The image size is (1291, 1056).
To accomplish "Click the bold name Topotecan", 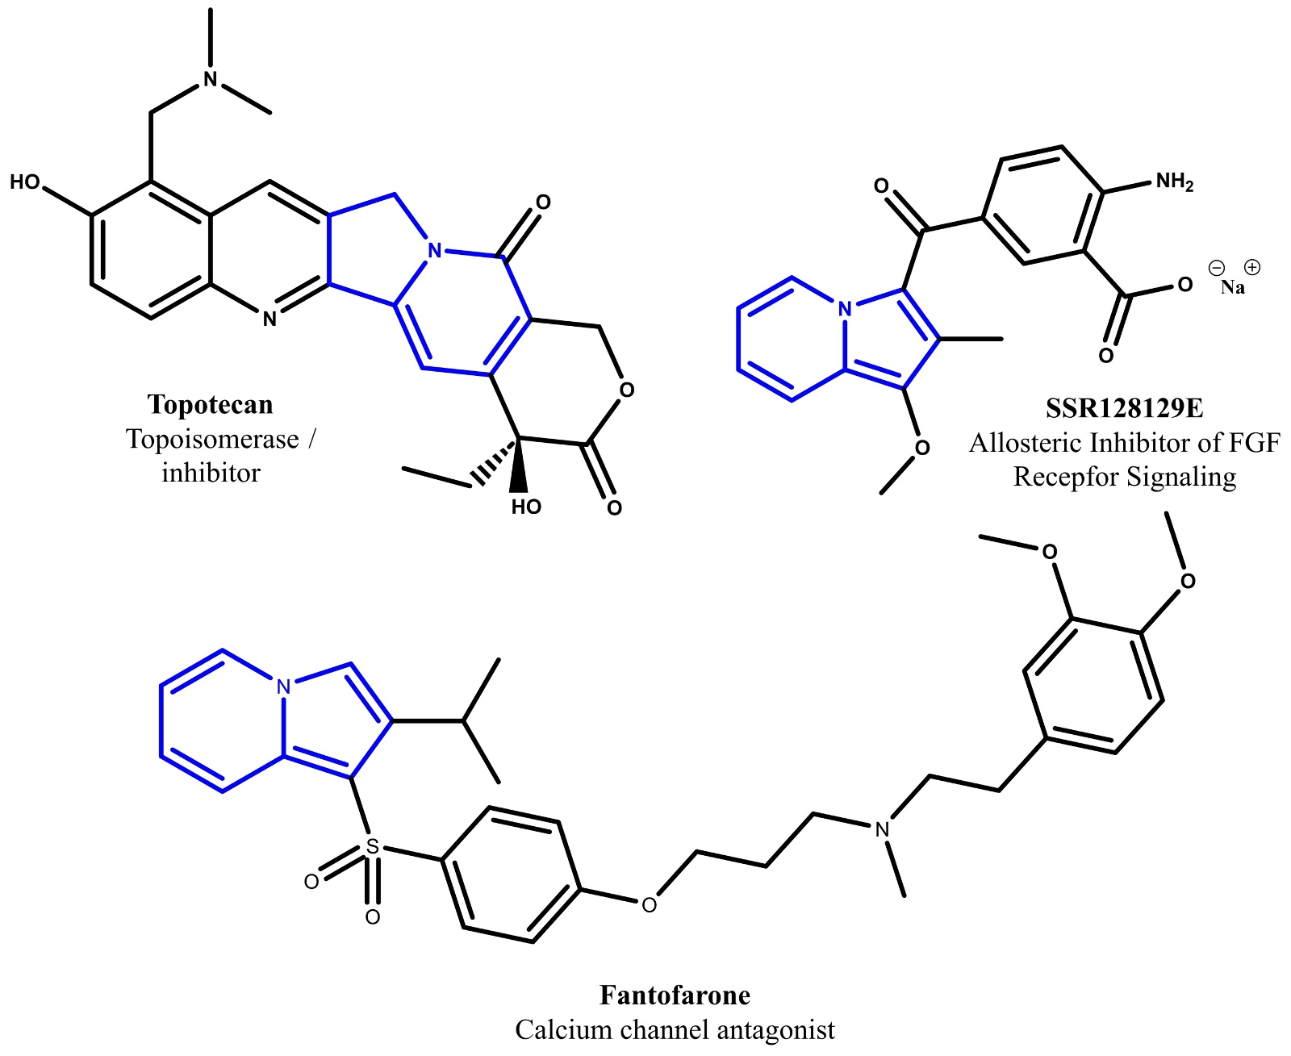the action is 211,404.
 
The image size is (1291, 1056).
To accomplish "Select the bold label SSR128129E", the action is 1124,408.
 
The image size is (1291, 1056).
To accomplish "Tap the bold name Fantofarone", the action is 675,995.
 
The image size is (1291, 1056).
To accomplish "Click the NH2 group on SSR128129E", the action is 1174,182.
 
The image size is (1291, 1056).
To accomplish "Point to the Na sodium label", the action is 1232,287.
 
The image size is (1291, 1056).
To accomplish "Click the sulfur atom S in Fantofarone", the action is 372,846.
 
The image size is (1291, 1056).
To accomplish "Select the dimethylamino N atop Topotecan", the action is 211,79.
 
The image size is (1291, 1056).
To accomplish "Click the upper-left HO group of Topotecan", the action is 25,182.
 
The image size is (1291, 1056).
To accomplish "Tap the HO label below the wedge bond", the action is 526,507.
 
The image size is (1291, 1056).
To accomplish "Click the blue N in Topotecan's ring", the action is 435,251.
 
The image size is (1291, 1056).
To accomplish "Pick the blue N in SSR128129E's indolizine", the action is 845,308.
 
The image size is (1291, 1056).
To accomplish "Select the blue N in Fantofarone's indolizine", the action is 283,687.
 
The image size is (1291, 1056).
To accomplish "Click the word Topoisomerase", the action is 212,439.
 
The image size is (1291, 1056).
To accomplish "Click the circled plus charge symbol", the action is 1252,267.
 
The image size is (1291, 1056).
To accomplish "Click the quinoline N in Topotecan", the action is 269,319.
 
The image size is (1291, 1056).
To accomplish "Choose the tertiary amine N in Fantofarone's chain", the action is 882,829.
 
